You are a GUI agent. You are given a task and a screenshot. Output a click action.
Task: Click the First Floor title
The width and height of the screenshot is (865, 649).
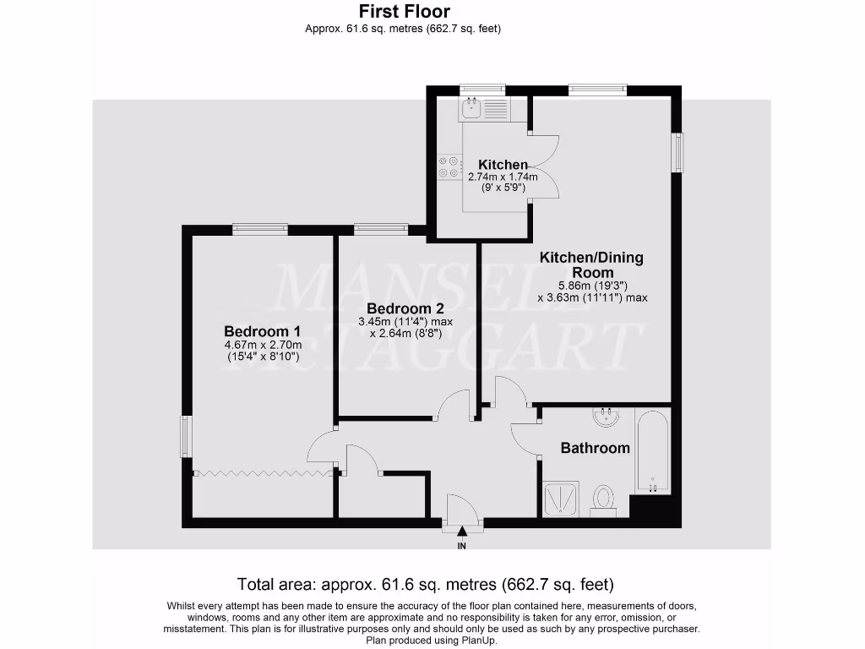405,12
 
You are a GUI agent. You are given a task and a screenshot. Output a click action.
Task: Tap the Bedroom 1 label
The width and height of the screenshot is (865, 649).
262,330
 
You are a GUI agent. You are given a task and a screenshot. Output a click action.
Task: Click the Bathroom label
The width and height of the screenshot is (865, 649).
596,448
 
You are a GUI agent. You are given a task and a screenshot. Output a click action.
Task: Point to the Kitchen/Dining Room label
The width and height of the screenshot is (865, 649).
591,265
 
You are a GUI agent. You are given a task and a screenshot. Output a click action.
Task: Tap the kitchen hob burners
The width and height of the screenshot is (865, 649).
449,167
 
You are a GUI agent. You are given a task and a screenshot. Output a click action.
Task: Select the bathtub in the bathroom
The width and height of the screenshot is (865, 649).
652,451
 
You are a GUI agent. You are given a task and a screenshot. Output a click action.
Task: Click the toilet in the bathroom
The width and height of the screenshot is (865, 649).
603,498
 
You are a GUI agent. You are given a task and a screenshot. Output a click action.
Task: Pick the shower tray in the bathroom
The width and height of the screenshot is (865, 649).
560,498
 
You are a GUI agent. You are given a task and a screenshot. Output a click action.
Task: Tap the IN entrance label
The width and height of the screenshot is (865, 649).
461,547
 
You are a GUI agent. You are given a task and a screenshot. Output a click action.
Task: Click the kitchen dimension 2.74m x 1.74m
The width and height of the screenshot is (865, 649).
503,177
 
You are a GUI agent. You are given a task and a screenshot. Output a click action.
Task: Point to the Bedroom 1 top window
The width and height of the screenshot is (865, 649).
260,228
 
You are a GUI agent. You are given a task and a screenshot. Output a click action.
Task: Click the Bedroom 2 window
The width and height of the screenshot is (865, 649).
380,228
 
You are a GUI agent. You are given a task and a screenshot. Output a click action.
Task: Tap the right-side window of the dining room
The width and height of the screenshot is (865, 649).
677,153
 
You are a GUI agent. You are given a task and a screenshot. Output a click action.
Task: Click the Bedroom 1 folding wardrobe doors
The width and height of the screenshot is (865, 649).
262,473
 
